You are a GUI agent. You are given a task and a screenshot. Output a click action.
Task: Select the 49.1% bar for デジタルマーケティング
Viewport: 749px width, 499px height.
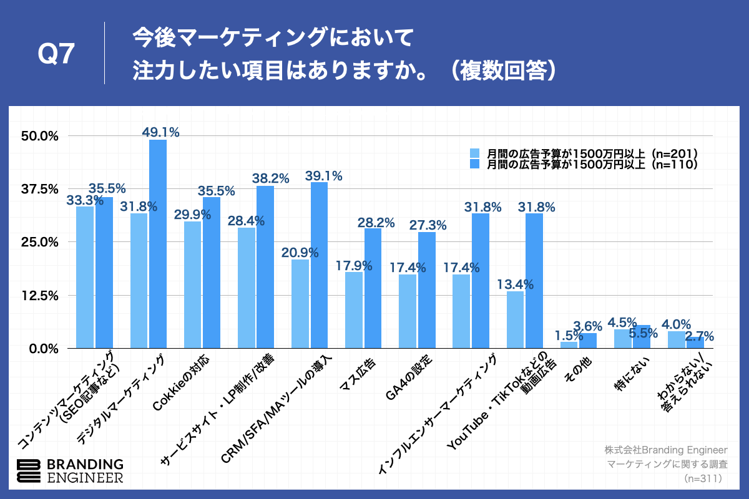pos(158,243)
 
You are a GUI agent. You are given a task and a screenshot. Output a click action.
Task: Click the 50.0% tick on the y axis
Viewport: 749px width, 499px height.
pos(41,136)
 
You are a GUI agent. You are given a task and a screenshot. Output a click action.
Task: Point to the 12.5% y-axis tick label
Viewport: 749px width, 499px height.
pos(41,295)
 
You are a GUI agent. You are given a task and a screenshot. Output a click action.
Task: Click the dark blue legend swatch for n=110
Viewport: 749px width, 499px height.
pos(474,164)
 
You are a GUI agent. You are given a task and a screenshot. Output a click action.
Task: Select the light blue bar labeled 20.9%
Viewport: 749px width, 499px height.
pos(300,304)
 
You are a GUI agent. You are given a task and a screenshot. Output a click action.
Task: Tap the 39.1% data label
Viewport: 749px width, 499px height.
pos(323,176)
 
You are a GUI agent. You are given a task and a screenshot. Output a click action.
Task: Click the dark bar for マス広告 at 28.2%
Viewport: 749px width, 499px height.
pos(373,288)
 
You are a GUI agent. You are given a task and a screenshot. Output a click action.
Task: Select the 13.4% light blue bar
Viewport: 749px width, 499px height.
pos(516,319)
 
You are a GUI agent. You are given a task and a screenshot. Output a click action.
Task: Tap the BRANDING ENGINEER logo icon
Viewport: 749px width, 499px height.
pos(29,471)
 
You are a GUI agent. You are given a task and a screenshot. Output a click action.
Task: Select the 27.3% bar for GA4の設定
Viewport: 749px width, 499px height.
pos(426,290)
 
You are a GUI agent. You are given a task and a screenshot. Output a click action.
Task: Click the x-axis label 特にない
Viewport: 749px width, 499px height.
pos(630,372)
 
